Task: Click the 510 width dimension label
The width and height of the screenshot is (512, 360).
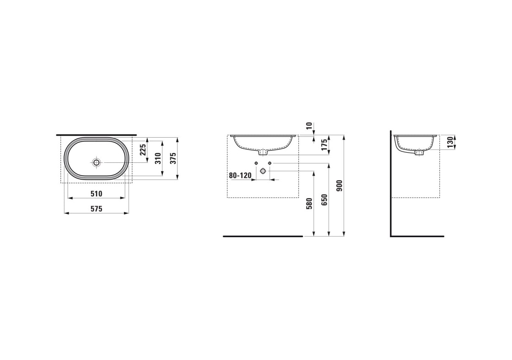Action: [x=96, y=194]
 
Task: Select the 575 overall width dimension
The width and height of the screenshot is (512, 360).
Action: [x=96, y=209]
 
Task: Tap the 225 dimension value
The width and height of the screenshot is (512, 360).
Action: [x=143, y=150]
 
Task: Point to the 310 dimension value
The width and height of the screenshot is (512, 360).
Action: [x=158, y=158]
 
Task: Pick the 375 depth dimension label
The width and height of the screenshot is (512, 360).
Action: [x=174, y=158]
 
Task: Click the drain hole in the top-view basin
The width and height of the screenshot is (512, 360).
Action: [x=96, y=162]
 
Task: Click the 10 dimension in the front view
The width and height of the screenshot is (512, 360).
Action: [x=309, y=126]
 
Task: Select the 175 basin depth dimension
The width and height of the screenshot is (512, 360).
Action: [x=324, y=145]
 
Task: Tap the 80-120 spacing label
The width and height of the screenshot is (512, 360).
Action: [x=240, y=176]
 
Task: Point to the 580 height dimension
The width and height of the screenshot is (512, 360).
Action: [x=309, y=204]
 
